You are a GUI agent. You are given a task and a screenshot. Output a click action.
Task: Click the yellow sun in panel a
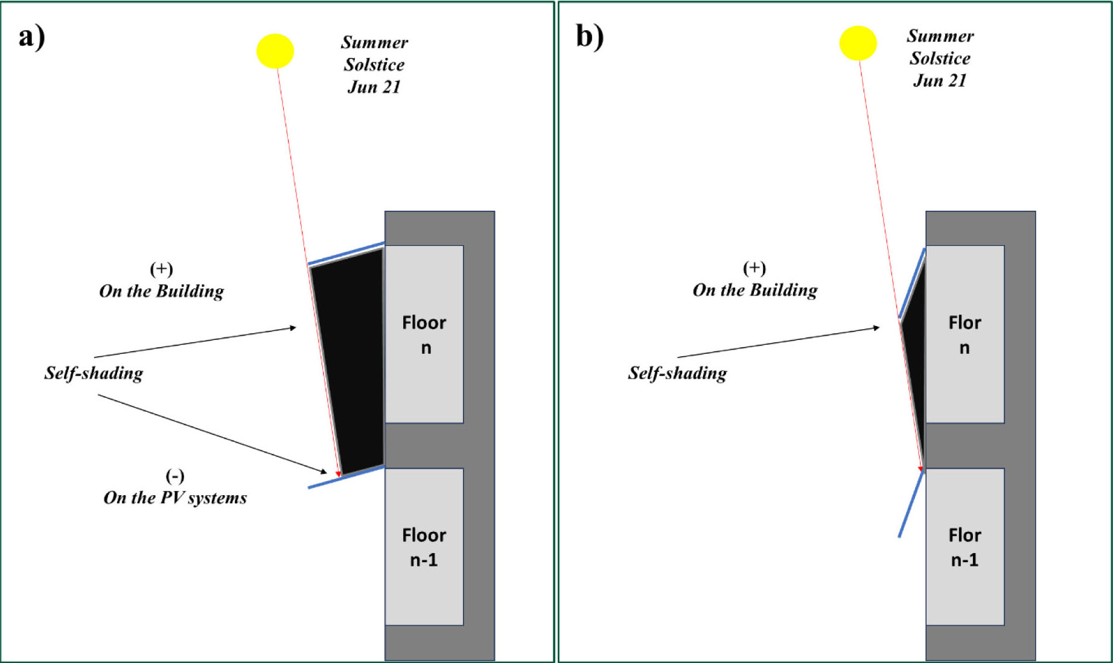coord(275,51)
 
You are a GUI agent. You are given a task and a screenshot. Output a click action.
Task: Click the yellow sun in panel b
coord(858,43)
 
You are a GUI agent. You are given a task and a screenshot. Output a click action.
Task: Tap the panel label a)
coord(31,37)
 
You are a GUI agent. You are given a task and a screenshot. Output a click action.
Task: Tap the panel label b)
coord(590,37)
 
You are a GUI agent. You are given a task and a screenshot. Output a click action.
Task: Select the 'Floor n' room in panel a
coord(424,334)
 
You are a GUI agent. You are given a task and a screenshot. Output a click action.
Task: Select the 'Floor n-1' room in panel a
coord(424,546)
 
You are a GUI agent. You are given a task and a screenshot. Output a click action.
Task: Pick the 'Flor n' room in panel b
coord(965,334)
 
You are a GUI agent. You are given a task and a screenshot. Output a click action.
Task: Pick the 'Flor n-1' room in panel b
coord(965,546)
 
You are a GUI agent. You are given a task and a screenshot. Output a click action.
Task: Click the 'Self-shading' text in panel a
coord(94,373)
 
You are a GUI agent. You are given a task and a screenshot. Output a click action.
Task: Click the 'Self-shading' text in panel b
coord(677,373)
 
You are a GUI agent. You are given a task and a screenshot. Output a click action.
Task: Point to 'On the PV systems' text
coord(175,498)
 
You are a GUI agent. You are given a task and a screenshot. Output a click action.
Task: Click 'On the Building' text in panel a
coord(161,291)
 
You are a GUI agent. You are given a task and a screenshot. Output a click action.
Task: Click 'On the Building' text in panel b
coord(755,290)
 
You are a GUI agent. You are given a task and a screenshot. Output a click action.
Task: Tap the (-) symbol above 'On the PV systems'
coord(175,476)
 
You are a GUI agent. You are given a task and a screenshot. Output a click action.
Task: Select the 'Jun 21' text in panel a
coord(374,87)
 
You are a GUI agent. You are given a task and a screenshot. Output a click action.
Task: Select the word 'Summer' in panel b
coord(940,36)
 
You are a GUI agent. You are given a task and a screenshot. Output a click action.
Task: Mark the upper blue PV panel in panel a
coord(346,254)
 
